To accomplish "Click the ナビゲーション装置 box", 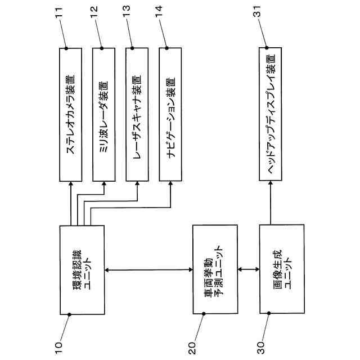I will click(170, 115).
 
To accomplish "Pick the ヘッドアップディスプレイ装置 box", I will click(271, 115).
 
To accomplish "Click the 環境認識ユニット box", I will click(82, 269).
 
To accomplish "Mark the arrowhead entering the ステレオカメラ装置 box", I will click(71, 186).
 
